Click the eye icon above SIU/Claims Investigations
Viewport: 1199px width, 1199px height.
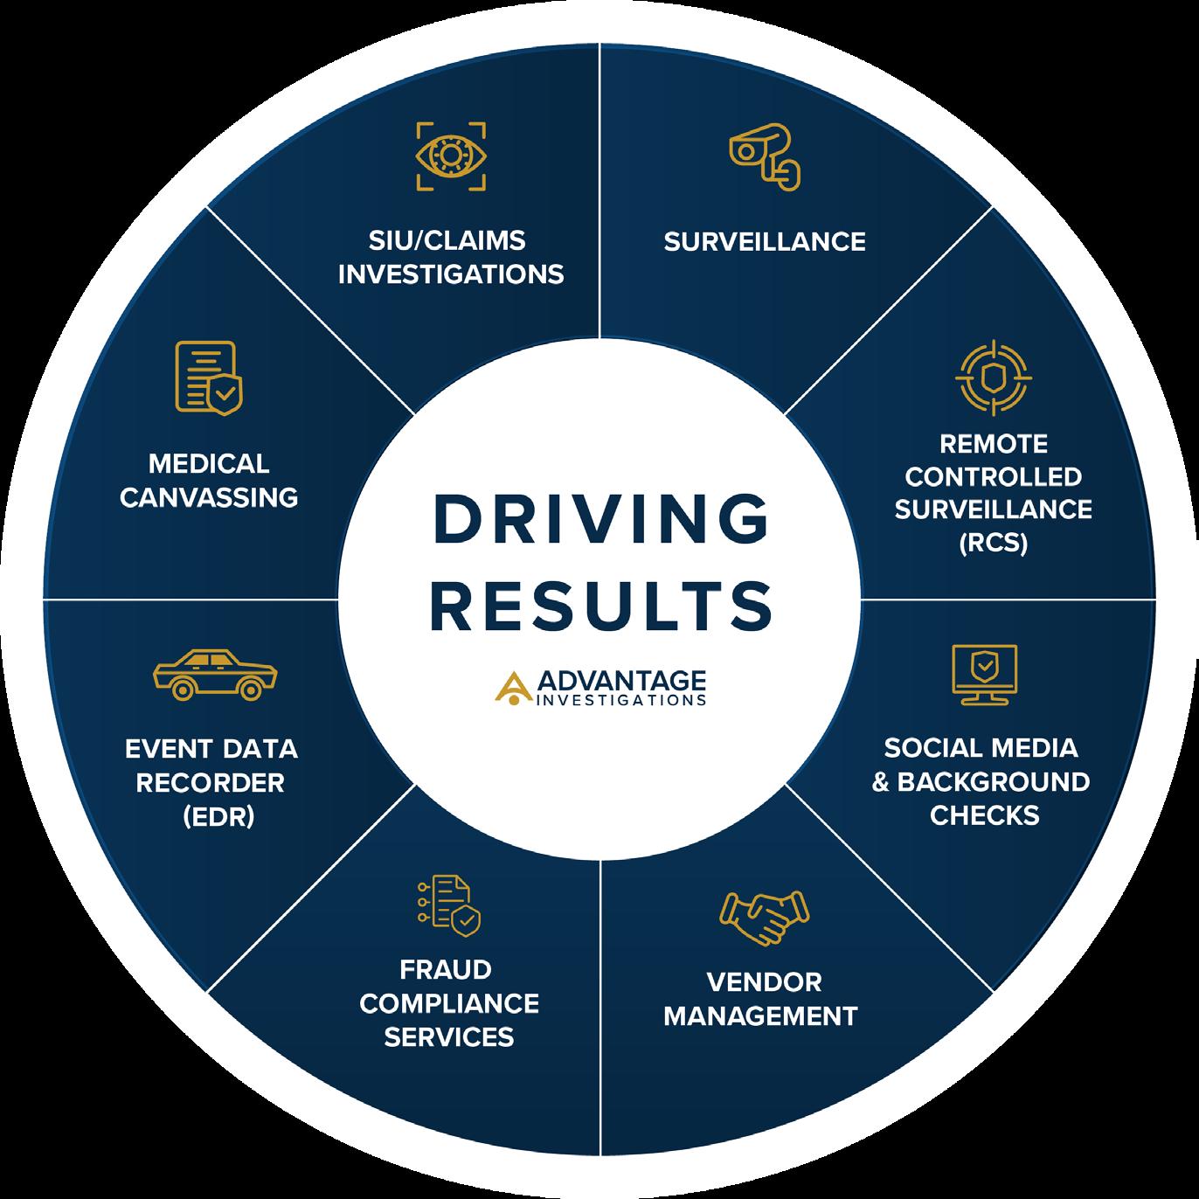(x=451, y=156)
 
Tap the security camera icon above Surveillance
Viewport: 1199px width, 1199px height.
(x=763, y=156)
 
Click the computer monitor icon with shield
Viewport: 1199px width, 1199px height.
(x=984, y=674)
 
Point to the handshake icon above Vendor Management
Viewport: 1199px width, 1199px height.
(x=763, y=918)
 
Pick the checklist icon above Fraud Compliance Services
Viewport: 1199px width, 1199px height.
(x=449, y=905)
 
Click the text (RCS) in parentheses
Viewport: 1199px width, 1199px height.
(x=993, y=543)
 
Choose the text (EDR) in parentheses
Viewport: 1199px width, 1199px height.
(x=218, y=816)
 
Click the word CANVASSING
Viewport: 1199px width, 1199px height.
(x=210, y=497)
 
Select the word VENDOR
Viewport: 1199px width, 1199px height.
(x=764, y=982)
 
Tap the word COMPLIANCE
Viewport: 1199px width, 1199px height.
(x=449, y=1003)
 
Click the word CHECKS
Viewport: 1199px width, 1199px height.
(x=984, y=815)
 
